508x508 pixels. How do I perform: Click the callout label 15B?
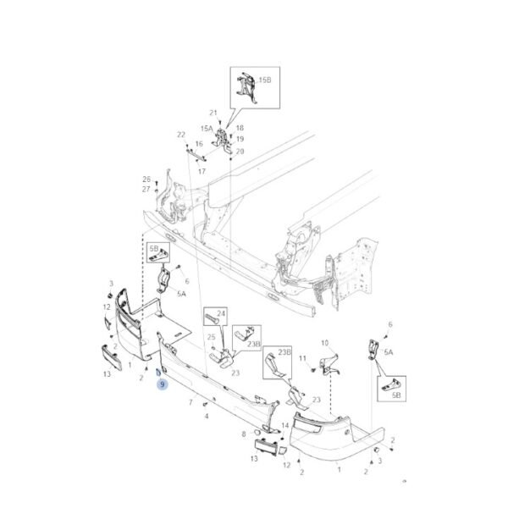pyautogui.click(x=266, y=80)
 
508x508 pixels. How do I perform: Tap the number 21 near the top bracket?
pyautogui.click(x=213, y=113)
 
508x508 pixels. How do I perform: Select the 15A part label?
pyautogui.click(x=207, y=129)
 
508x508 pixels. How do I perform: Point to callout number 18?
pyautogui.click(x=240, y=128)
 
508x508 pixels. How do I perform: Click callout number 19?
pyautogui.click(x=240, y=139)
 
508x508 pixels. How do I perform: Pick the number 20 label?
pyautogui.click(x=240, y=152)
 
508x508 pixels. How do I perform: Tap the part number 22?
pyautogui.click(x=180, y=135)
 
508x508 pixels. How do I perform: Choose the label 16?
pyautogui.click(x=200, y=145)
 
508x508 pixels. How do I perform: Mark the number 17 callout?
pyautogui.click(x=202, y=171)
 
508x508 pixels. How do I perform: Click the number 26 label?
pyautogui.click(x=146, y=179)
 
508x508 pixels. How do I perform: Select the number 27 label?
pyautogui.click(x=146, y=189)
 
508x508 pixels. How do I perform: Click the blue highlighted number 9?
pyautogui.click(x=162, y=384)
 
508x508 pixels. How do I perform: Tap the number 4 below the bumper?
pyautogui.click(x=206, y=417)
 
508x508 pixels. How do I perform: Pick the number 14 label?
pyautogui.click(x=285, y=425)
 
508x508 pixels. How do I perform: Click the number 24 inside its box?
pyautogui.click(x=222, y=314)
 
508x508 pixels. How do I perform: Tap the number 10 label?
pyautogui.click(x=323, y=343)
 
